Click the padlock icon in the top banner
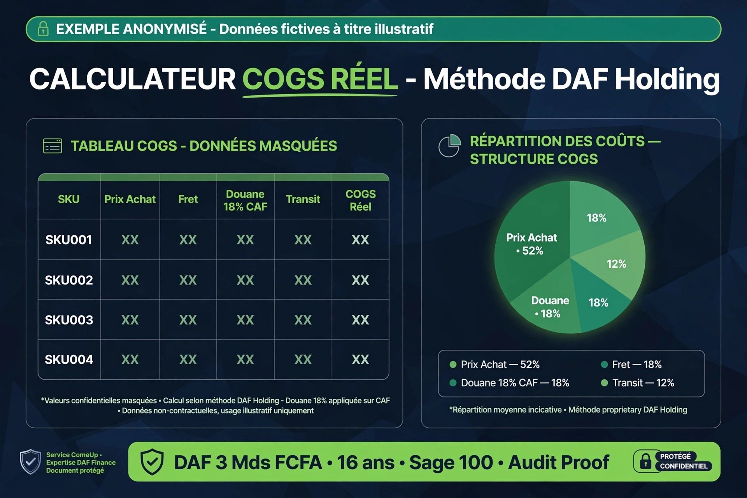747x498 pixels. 43,29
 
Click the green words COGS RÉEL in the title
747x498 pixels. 320,79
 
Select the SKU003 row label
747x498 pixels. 69,320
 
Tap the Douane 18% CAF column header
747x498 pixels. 245,200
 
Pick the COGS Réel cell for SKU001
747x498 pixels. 360,240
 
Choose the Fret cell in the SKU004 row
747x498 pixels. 188,359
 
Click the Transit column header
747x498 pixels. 303,199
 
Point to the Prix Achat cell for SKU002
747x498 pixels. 130,280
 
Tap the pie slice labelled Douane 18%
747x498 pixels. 549,307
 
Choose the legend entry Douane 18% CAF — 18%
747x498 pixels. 509,383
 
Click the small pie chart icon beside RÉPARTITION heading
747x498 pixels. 450,146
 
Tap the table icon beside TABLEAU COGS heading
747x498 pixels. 52,146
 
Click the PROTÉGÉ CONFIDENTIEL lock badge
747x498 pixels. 673,461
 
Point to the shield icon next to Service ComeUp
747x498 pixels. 30,462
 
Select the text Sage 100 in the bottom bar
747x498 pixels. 451,463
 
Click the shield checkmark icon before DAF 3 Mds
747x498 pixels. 152,462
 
